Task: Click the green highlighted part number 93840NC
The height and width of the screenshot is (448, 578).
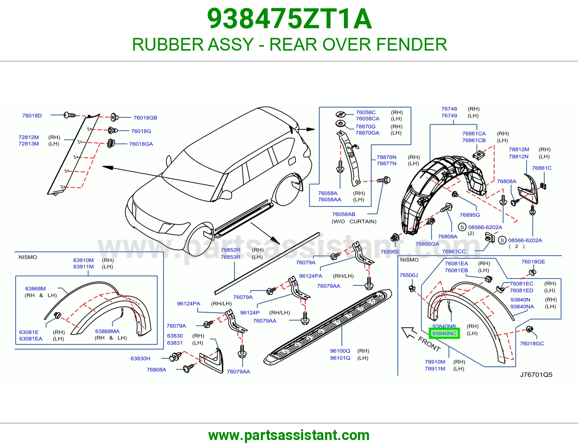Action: (x=444, y=333)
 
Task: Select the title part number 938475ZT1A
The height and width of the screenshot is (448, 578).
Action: (x=289, y=19)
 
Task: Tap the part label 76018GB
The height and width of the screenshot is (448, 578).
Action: (x=145, y=117)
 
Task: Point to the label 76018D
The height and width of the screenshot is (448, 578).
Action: (x=32, y=116)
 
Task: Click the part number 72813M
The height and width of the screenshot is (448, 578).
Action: (x=29, y=144)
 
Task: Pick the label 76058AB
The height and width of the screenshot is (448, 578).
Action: (x=344, y=214)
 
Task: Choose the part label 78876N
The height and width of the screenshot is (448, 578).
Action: (x=386, y=157)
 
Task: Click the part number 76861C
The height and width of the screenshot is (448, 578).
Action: (x=542, y=168)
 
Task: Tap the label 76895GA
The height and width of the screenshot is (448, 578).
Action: (x=427, y=244)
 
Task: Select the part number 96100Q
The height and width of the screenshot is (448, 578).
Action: (x=340, y=350)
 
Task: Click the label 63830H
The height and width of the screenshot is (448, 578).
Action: (x=140, y=358)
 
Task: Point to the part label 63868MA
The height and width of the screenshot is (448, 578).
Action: (x=107, y=331)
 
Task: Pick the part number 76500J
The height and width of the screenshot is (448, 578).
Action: (x=409, y=275)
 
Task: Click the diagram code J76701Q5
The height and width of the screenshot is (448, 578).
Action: (x=536, y=375)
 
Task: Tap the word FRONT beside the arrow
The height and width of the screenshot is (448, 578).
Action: (x=429, y=344)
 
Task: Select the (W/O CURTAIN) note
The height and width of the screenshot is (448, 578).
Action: (x=354, y=221)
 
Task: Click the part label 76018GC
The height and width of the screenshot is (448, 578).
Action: (x=532, y=344)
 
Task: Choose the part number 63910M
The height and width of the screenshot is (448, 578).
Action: (x=83, y=260)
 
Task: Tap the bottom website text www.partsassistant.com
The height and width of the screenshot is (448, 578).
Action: (x=289, y=435)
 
